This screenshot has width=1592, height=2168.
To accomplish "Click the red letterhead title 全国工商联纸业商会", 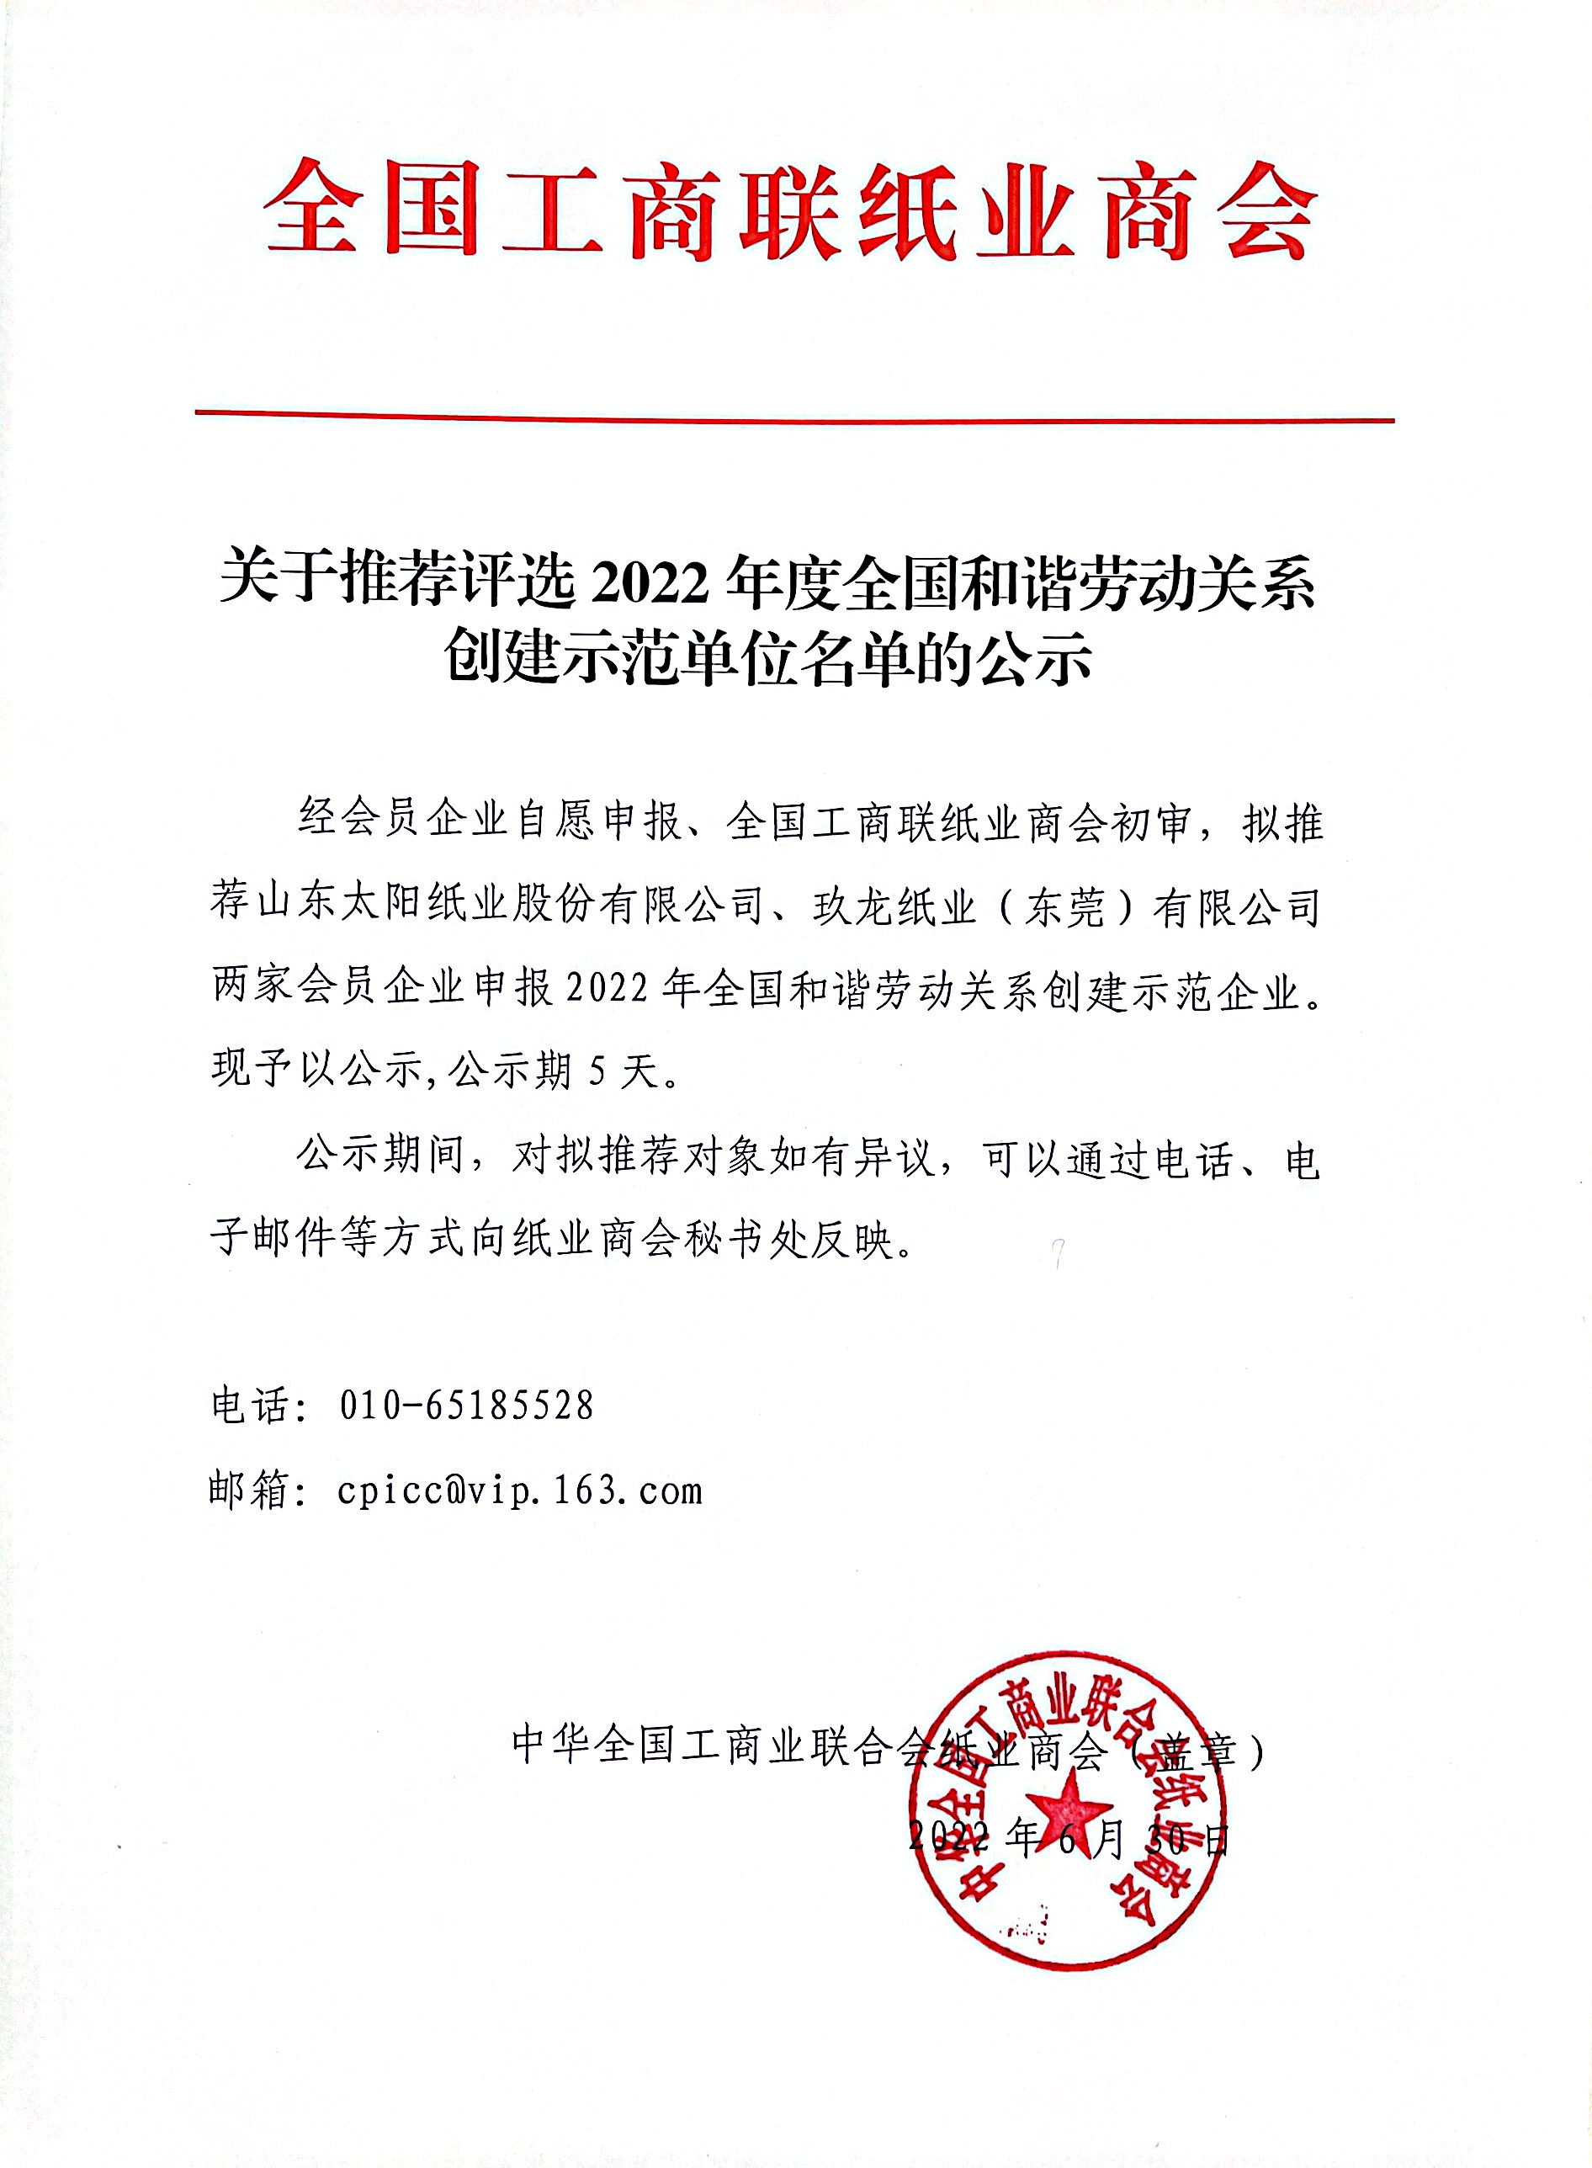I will click(790, 210).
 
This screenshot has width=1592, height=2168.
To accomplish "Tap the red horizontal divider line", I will click(794, 417).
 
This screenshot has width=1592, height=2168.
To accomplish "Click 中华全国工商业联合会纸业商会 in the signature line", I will click(808, 1746).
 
